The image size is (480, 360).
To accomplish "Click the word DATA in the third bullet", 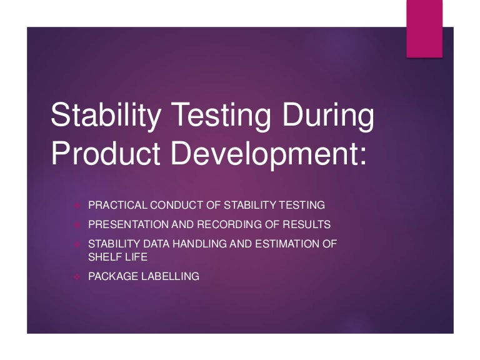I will (x=149, y=244).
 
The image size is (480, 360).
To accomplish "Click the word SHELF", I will (x=102, y=256).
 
